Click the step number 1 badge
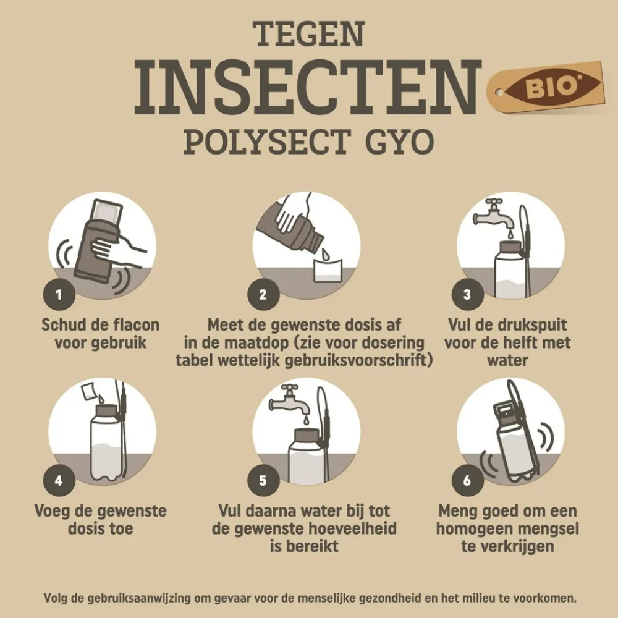59,294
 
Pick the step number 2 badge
263,294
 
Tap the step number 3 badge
467,294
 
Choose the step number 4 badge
59,480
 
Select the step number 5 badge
263,480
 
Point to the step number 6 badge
467,480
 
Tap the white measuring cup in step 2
327,269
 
